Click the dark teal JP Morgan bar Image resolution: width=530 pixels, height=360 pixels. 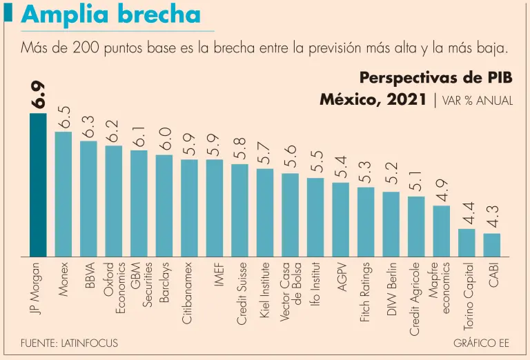[38, 185]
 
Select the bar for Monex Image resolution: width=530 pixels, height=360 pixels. [63, 194]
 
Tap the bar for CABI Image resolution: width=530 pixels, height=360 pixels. [492, 245]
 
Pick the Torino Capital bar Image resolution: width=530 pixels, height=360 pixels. [467, 242]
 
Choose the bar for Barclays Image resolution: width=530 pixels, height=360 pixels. [164, 206]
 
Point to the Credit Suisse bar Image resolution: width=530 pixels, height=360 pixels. [240, 210]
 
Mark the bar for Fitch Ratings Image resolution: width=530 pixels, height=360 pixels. [366, 221]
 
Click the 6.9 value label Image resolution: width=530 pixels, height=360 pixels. [39, 95]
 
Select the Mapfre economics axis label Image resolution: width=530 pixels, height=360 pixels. [440, 288]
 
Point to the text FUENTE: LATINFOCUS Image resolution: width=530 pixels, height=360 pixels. [69, 343]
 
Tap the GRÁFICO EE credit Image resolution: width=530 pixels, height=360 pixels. [482, 343]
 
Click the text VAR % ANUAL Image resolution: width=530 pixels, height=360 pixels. [477, 101]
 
